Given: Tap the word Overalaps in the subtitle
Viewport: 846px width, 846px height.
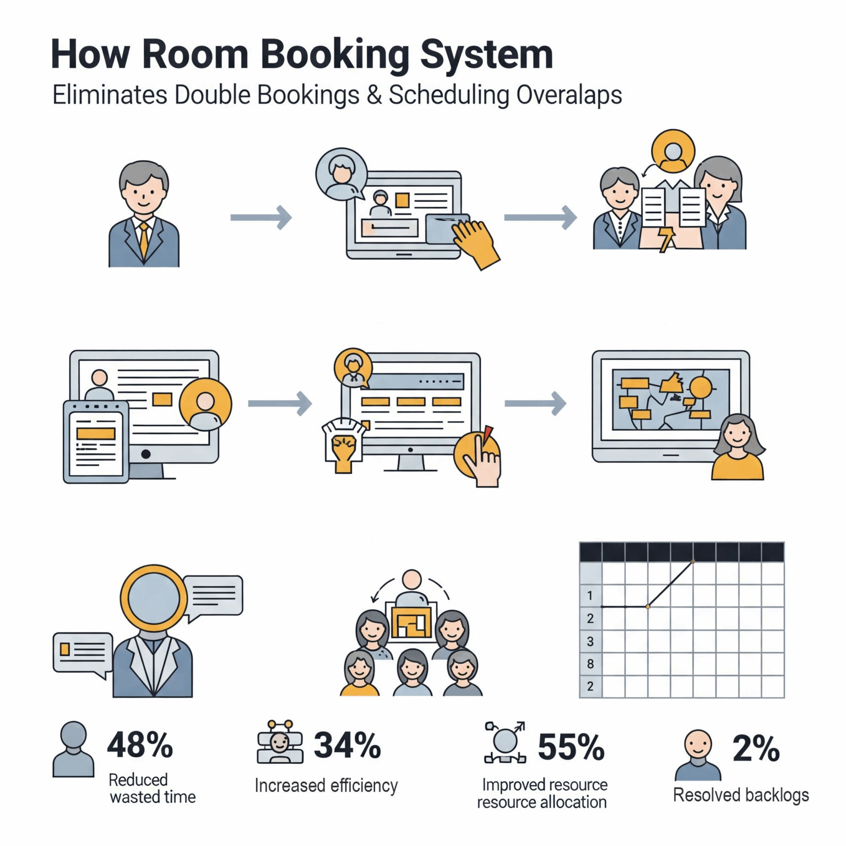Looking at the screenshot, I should (569, 95).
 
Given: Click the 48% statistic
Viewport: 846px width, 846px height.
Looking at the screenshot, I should (140, 745).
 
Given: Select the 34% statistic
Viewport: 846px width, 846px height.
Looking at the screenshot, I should (347, 745).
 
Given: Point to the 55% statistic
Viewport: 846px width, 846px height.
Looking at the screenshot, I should (571, 747).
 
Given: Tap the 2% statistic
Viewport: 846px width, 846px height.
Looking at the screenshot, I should (756, 749).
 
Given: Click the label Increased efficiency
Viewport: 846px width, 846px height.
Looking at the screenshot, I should (326, 785).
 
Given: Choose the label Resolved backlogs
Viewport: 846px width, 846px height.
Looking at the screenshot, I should (741, 795).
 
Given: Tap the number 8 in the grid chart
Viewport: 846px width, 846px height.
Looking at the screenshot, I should (590, 664).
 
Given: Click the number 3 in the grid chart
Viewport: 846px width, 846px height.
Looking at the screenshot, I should (590, 641).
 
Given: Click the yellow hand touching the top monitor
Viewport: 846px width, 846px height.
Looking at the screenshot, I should (475, 243).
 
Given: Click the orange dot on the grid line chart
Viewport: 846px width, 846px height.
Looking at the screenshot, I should (648, 606).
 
